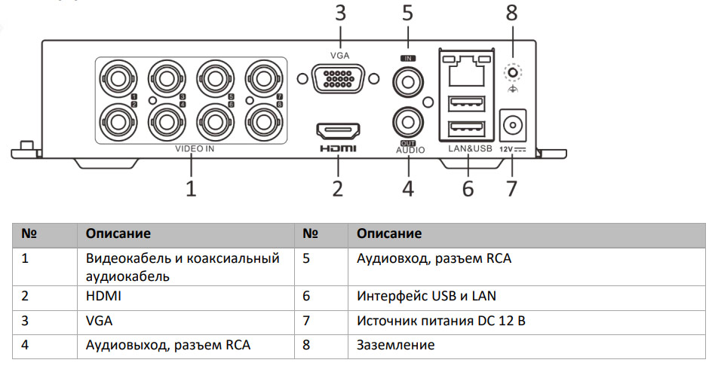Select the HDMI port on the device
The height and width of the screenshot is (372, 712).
[336, 130]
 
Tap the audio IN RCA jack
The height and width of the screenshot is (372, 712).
[408, 79]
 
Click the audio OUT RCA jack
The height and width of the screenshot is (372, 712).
[408, 120]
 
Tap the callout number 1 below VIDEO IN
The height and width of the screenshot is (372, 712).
[191, 187]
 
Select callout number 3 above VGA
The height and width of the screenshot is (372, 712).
[340, 14]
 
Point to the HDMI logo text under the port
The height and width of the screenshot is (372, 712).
[336, 150]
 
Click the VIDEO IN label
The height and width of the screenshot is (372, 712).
[195, 150]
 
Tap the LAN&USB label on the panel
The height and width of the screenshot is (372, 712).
[469, 150]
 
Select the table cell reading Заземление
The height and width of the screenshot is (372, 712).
[395, 345]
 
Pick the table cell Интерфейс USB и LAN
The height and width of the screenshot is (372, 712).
[426, 297]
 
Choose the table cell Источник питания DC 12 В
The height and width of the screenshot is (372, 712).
[440, 321]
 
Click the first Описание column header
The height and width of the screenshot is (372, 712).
[118, 233]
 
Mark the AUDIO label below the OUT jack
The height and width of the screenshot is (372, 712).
[410, 150]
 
